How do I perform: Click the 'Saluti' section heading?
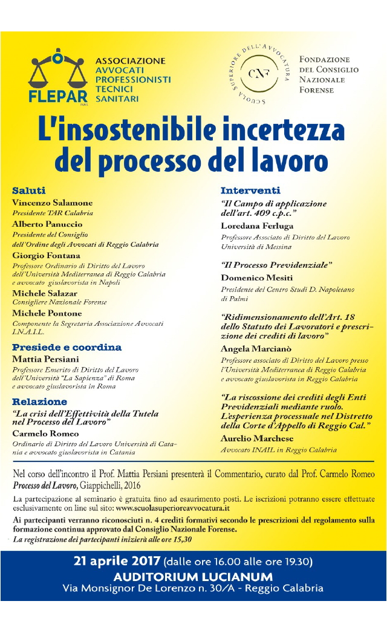pyautogui.click(x=29, y=191)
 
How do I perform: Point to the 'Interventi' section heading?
pyautogui.click(x=250, y=191)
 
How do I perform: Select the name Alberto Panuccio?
pyautogui.click(x=48, y=224)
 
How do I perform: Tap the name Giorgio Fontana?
pyautogui.click(x=47, y=255)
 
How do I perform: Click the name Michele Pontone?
pyautogui.click(x=47, y=313)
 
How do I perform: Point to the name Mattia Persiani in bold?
pyautogui.click(x=47, y=359)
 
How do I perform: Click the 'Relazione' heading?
pyautogui.click(x=40, y=401)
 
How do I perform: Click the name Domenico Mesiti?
pyautogui.click(x=256, y=278)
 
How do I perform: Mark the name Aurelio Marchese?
pyautogui.click(x=257, y=438)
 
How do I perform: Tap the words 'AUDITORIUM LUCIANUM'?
pyautogui.click(x=193, y=576)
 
